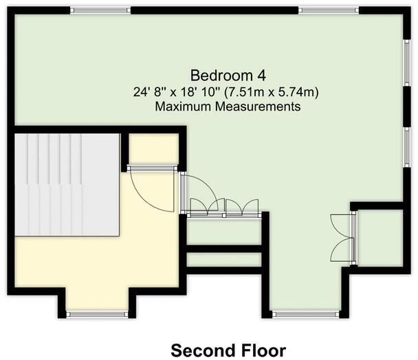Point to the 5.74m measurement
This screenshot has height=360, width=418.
click(x=305, y=91)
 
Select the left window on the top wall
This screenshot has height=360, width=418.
click(x=100, y=10)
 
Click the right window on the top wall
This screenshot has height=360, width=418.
click(x=327, y=10)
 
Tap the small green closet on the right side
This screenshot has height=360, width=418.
click(x=377, y=236)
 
